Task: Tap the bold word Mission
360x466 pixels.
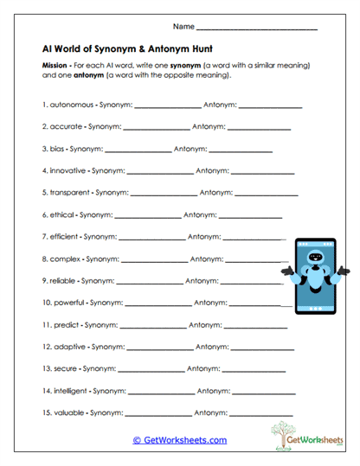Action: coord(57,66)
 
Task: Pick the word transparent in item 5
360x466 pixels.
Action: coord(70,193)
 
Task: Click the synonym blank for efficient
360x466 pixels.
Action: coord(151,237)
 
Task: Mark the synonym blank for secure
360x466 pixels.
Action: coord(149,370)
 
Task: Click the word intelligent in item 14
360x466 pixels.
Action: coord(69,391)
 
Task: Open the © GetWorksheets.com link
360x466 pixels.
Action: coord(179,440)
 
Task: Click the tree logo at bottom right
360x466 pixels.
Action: coord(283,434)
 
